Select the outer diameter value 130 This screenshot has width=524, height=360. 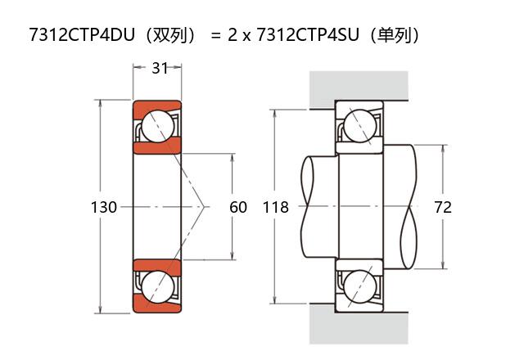[103, 208]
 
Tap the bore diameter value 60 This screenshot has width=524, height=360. [237, 208]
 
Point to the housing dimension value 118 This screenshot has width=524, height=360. [276, 208]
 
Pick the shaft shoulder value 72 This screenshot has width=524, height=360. [442, 208]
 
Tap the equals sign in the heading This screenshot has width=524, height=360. [214, 36]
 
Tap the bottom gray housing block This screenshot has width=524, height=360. [360, 327]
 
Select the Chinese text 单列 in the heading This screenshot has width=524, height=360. [396, 35]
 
